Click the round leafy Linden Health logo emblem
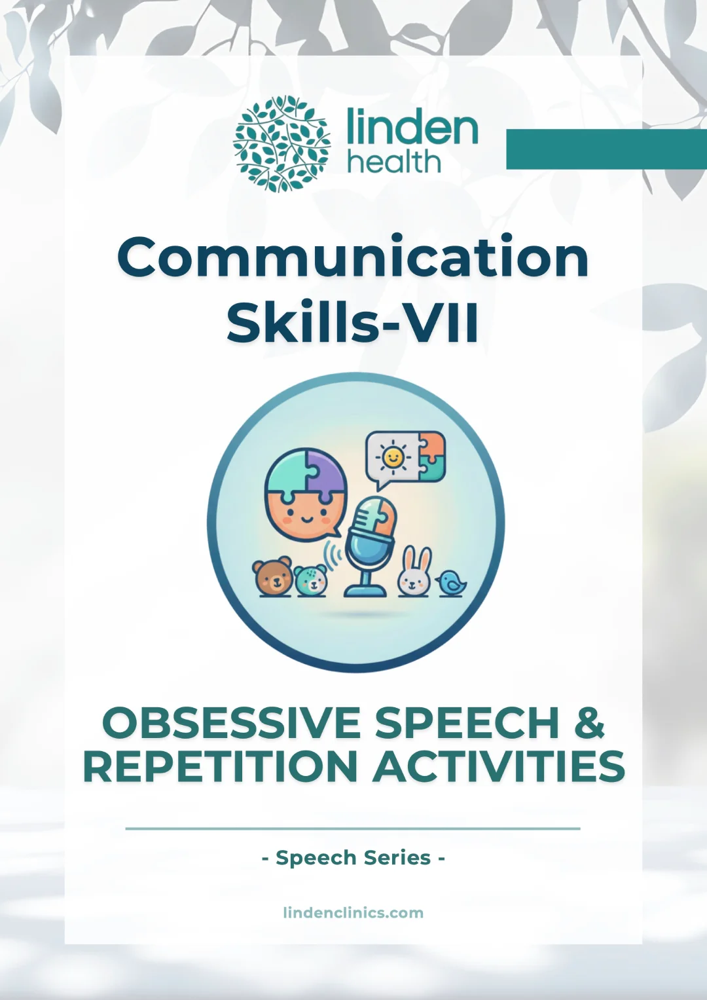tap(281, 144)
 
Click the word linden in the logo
tap(412, 127)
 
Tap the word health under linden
tap(393, 162)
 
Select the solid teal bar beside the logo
tap(606, 149)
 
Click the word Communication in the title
tap(353, 257)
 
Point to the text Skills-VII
tap(353, 323)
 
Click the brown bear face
tap(273, 577)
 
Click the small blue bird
tap(451, 582)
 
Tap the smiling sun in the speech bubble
tap(393, 457)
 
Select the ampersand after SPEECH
tap(589, 723)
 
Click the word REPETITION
tap(219, 767)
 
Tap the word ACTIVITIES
tap(499, 767)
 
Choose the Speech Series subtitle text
tap(353, 857)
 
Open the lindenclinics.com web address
tap(353, 912)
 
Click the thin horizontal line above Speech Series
tap(353, 828)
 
